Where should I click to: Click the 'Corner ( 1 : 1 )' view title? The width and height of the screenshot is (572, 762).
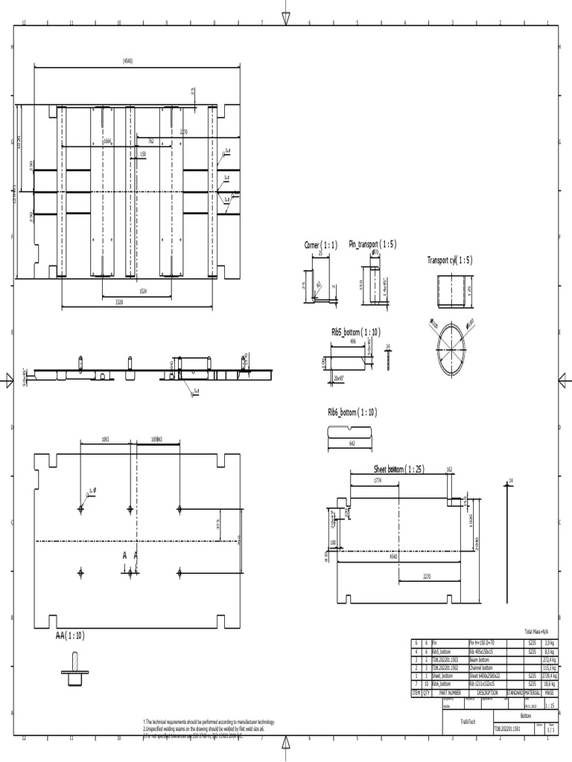pos(321,245)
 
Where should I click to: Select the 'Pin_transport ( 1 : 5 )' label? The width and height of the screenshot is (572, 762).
pos(373,244)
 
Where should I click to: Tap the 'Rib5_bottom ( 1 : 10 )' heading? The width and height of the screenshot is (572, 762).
pos(355,330)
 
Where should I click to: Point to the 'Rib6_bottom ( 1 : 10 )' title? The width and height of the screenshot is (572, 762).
pos(352,412)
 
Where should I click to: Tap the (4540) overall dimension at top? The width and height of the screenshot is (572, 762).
pos(127,61)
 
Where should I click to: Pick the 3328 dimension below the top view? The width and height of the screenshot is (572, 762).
pos(119,301)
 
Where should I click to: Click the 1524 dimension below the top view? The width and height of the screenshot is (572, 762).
pos(143,291)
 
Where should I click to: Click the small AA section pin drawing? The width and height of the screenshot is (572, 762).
pos(74,667)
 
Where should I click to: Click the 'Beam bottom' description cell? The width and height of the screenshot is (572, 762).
pos(480,659)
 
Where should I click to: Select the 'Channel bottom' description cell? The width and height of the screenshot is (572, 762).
pos(483,667)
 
